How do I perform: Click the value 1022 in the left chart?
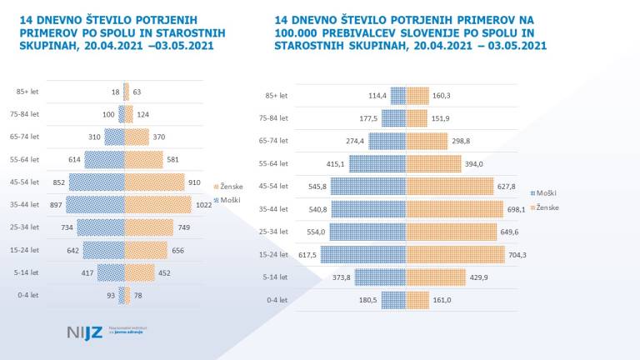(x=205, y=204)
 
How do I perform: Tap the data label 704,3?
(x=521, y=254)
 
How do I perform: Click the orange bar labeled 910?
(x=154, y=182)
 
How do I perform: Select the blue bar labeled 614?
(x=103, y=159)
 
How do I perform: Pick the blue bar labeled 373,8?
(x=380, y=277)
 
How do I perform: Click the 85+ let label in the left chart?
(x=27, y=92)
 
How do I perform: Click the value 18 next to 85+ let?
(x=114, y=92)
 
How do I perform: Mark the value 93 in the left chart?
(x=110, y=294)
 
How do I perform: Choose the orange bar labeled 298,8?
(x=429, y=142)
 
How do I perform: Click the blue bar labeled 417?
(x=110, y=272)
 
